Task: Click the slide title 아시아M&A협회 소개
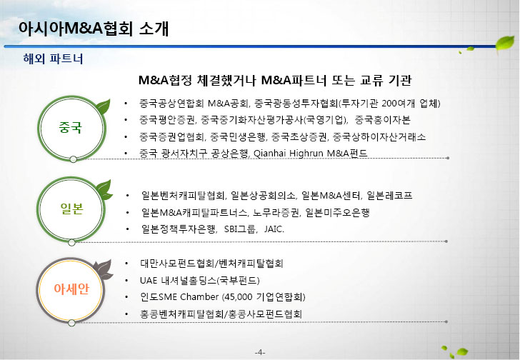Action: click(x=94, y=29)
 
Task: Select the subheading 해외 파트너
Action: click(x=53, y=59)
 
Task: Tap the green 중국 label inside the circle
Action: click(x=70, y=127)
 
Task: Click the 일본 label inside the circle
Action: click(x=71, y=209)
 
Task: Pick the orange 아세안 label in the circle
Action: click(x=71, y=289)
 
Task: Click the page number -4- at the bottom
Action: click(x=260, y=352)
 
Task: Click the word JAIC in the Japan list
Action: click(x=274, y=229)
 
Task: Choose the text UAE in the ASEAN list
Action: click(x=149, y=281)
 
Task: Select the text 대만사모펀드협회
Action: click(x=177, y=264)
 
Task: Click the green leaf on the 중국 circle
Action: click(x=103, y=106)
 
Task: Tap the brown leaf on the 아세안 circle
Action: click(x=103, y=270)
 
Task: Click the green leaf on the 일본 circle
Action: click(x=104, y=190)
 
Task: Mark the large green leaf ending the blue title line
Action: click(x=505, y=44)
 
